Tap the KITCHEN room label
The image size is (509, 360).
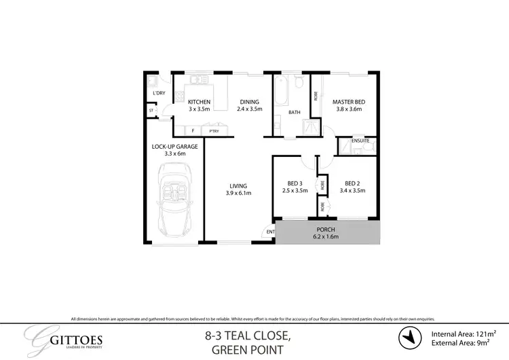200,102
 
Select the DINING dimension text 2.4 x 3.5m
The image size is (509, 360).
249,109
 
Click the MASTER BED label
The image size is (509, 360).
347,102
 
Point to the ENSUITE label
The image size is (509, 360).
360,141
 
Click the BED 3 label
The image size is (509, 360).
295,183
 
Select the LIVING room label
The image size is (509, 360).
238,185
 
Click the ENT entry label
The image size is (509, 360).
269,232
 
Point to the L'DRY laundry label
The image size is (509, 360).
159,93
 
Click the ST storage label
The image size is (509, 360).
151,109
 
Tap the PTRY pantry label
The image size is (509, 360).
214,130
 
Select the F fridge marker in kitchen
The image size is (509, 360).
193,130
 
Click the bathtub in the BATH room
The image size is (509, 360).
282,88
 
